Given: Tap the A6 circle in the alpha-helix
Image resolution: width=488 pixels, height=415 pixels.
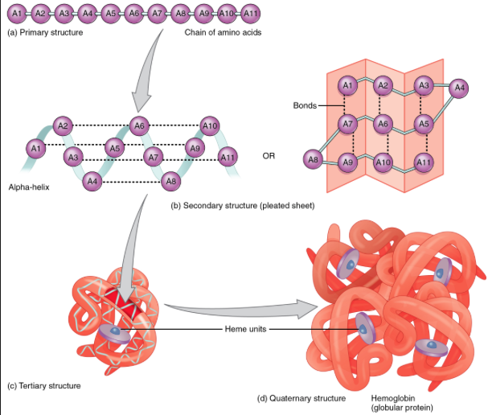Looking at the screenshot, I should (x=140, y=125).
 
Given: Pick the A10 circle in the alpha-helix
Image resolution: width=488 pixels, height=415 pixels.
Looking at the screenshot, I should (x=211, y=125).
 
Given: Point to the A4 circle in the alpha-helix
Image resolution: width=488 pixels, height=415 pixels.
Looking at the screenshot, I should (x=93, y=181).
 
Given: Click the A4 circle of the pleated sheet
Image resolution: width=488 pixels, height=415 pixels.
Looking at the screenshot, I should (x=459, y=87).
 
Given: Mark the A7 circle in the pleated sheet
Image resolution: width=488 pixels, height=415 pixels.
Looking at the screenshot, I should (x=347, y=125).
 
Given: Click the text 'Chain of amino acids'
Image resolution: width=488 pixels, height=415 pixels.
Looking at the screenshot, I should (x=223, y=33).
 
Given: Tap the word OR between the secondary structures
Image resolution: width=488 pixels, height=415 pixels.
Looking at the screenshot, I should (x=269, y=154).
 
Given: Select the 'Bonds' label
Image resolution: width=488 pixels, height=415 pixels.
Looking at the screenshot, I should (x=306, y=105).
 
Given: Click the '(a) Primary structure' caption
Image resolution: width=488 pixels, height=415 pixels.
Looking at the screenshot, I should (x=44, y=33).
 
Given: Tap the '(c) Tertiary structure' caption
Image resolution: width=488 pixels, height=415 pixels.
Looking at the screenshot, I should (x=43, y=386).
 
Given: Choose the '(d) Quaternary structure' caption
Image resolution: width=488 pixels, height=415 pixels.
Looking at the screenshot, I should (x=301, y=398).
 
